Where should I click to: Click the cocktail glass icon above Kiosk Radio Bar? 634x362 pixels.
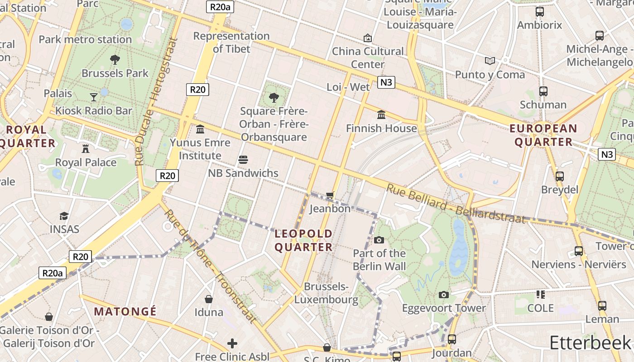93,97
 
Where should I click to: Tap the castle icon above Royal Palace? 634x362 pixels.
86,148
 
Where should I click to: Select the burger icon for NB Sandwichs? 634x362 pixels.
243,159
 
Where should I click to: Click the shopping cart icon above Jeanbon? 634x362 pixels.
330,195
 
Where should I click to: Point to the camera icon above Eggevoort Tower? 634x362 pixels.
444,295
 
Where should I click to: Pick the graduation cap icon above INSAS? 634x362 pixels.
64,216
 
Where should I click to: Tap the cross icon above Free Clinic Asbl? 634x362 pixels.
232,343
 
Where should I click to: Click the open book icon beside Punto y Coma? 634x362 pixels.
490,61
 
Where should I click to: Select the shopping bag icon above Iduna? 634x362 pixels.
209,299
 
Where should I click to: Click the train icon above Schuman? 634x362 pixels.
543,91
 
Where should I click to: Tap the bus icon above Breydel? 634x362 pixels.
560,176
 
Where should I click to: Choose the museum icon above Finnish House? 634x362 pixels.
381,115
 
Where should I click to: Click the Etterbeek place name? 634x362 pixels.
590,343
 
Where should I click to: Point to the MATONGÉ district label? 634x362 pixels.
125,311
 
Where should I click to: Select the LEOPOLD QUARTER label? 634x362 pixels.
303,240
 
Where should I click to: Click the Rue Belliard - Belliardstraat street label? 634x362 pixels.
455,204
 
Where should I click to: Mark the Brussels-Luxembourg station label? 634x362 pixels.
327,293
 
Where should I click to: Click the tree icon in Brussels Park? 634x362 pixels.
115,59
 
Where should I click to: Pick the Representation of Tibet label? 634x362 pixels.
231,42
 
